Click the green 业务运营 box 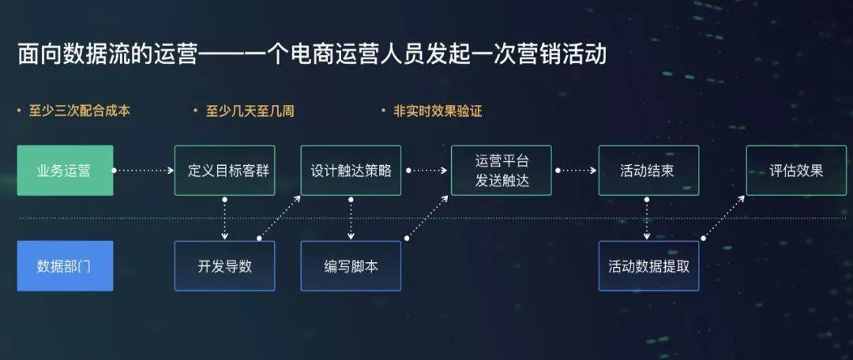(65, 171)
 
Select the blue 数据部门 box (65, 266)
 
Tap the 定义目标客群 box (224, 171)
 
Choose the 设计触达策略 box (351, 171)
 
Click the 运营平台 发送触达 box (501, 171)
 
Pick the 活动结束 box (648, 171)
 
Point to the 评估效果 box (795, 171)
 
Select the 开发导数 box (224, 266)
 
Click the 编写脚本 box (351, 266)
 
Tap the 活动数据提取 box (648, 266)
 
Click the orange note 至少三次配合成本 (79, 111)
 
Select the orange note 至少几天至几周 (250, 111)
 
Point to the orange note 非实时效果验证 (437, 111)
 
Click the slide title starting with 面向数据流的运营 (312, 55)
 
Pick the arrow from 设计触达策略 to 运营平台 (426, 170)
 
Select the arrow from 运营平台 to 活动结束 (575, 170)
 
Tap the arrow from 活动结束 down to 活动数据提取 (648, 217)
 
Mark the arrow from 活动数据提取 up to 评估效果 (723, 217)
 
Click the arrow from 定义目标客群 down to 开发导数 (224, 217)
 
